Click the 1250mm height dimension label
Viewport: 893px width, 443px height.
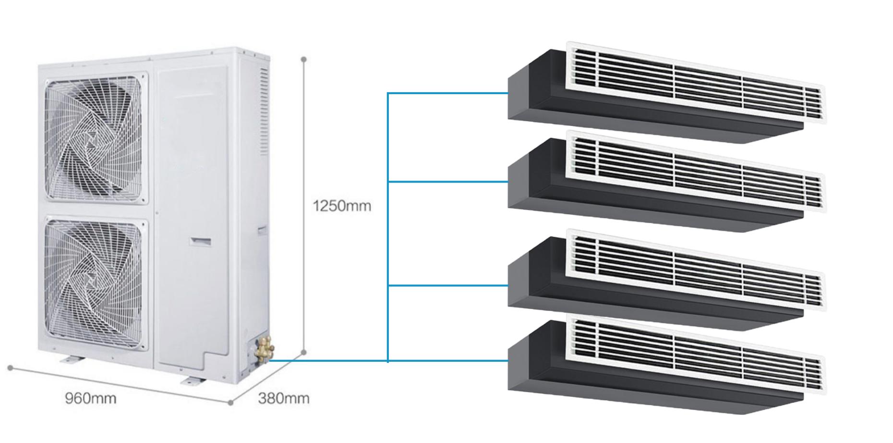(342, 206)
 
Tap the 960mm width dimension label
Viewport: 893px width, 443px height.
(91, 398)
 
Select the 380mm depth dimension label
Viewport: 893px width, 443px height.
(284, 398)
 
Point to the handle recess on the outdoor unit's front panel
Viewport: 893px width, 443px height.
(200, 241)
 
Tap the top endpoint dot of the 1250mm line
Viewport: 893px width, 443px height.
(303, 60)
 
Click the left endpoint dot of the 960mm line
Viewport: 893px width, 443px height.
(10, 368)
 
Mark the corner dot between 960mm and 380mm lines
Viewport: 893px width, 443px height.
(230, 403)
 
